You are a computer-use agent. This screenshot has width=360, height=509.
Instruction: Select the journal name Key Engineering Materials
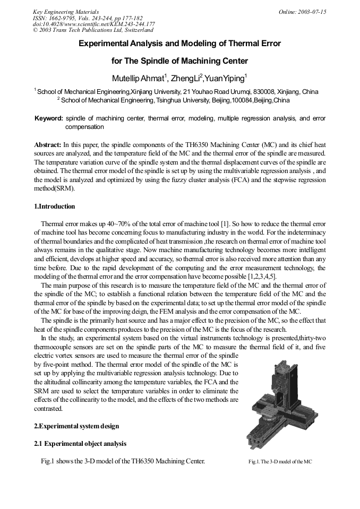coord(66,12)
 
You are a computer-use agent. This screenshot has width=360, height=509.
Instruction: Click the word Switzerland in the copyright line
coord(136,30)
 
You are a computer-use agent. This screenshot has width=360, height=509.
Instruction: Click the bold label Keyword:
coord(49,118)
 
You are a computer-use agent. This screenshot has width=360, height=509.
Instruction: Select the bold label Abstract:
coord(48,144)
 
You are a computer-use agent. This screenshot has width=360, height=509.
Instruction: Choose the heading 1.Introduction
coord(55,206)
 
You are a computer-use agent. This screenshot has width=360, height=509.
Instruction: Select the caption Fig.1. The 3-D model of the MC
coord(280,462)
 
